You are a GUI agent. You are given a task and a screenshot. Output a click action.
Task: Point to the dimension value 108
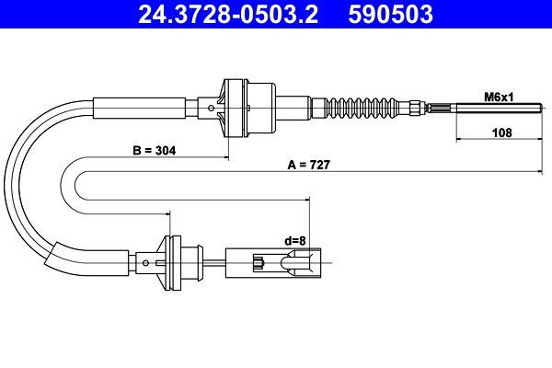tap(501, 132)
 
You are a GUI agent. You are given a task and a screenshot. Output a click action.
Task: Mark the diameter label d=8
tap(294, 241)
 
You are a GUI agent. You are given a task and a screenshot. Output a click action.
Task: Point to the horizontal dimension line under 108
tap(501, 141)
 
